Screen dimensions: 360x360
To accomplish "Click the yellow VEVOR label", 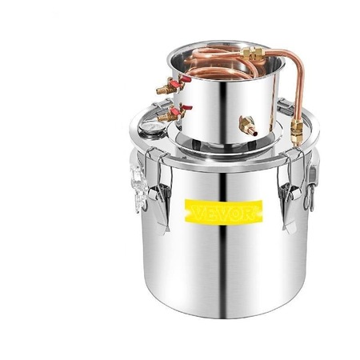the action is click(223, 212).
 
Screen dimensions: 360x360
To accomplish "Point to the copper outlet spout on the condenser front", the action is click(249, 126).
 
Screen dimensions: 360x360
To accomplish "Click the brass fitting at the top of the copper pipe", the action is click(252, 53).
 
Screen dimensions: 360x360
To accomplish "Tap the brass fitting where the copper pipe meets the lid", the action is click(297, 133).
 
